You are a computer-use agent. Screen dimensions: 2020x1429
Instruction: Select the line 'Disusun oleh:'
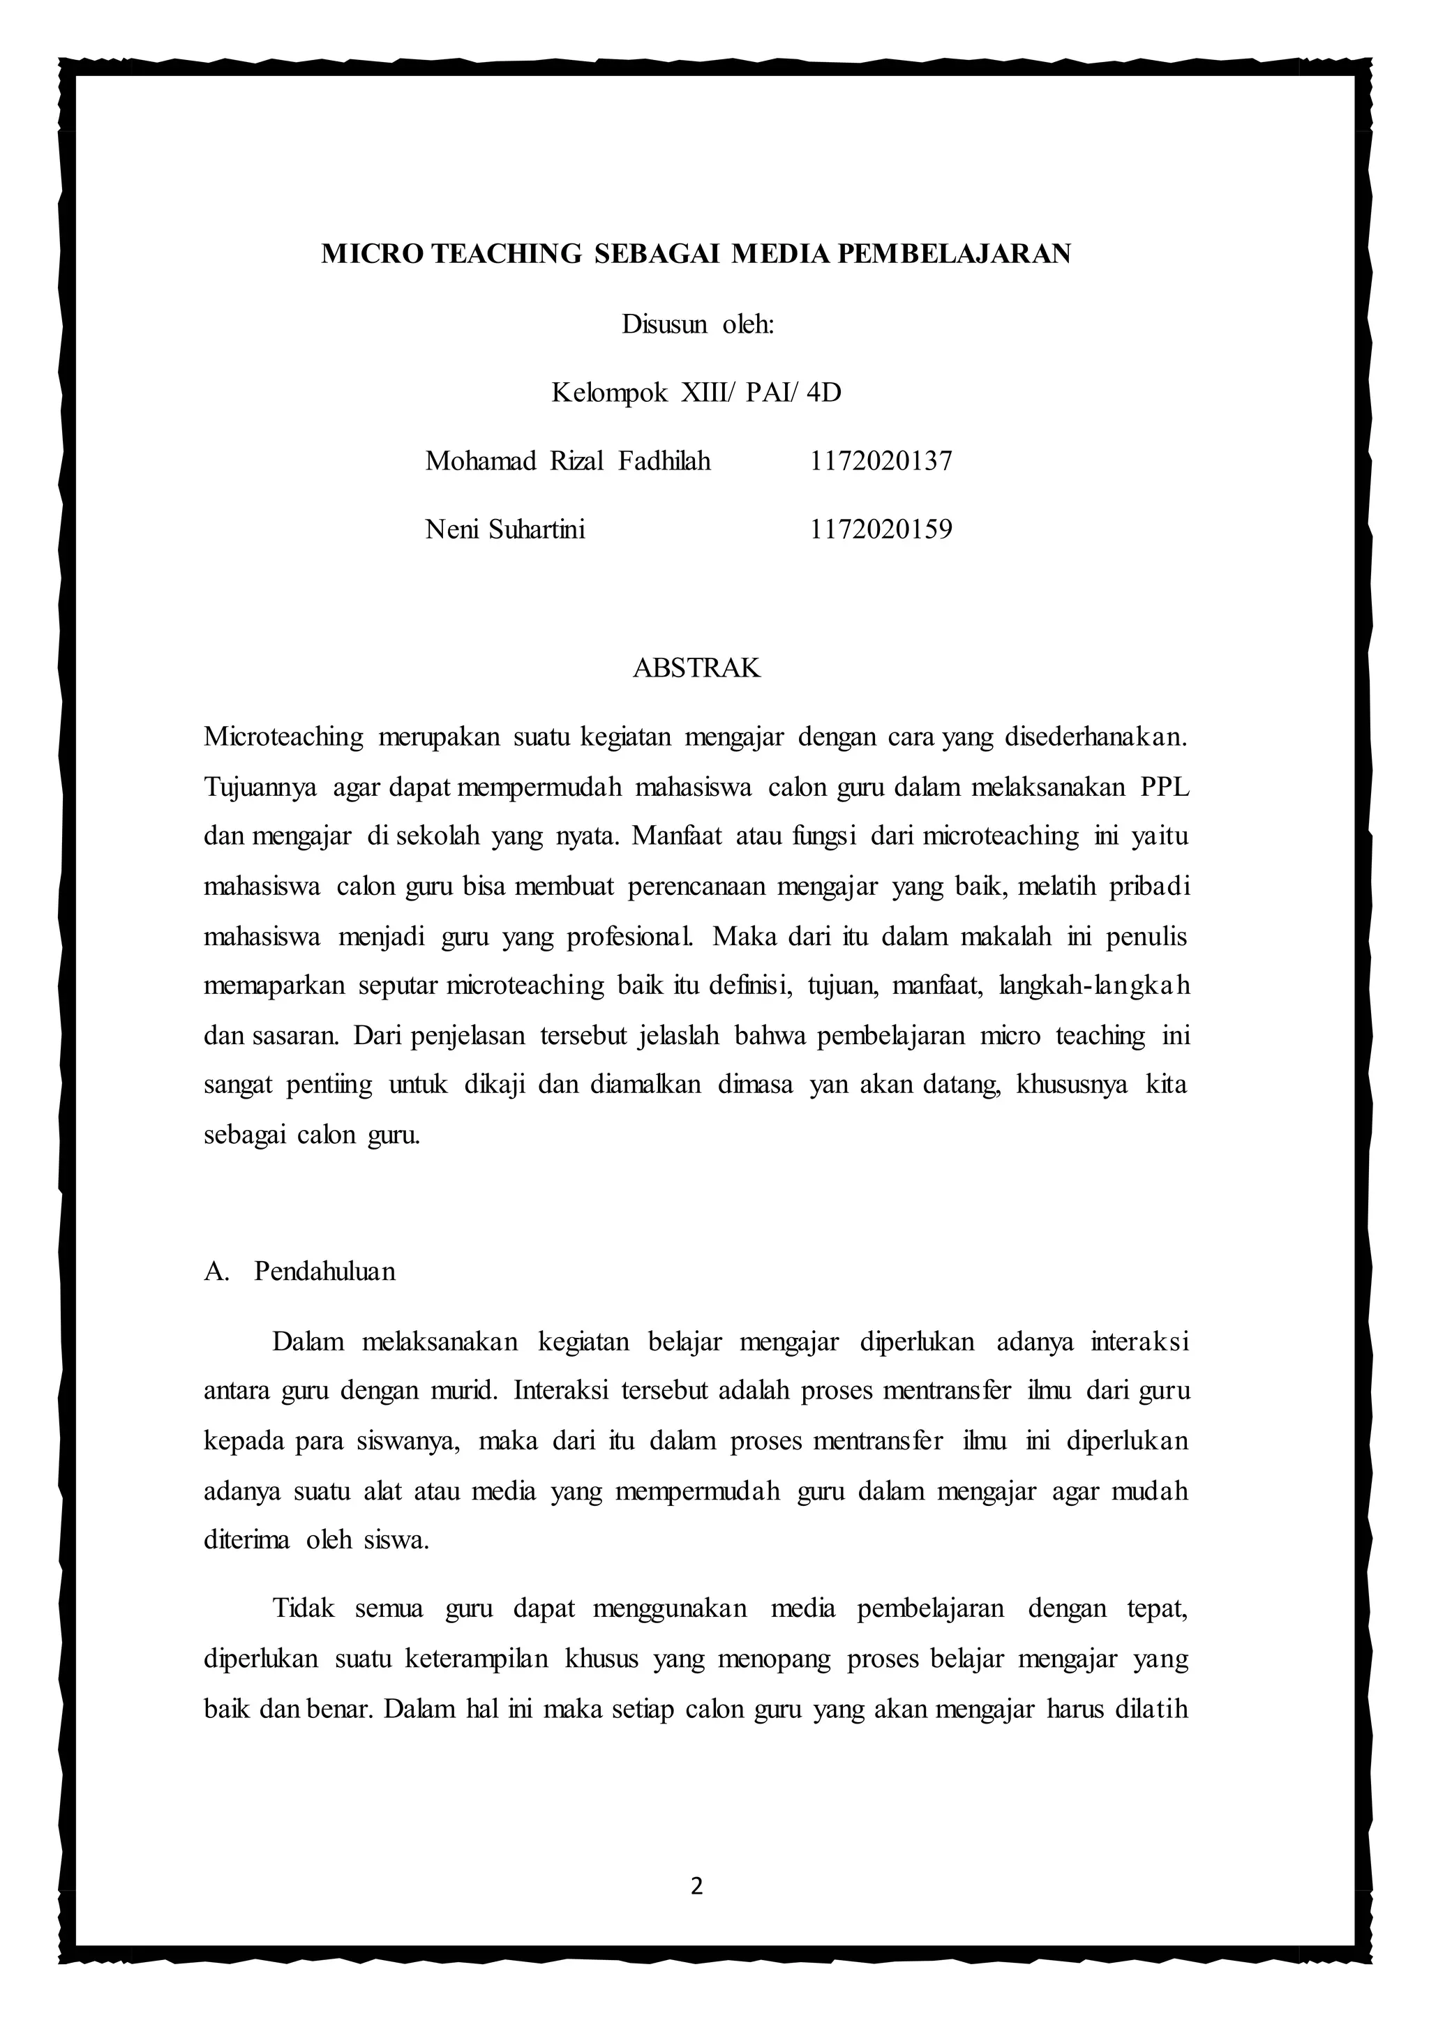698,324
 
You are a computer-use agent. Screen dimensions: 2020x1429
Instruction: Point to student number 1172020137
881,461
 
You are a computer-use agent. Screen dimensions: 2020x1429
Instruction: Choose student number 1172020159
881,529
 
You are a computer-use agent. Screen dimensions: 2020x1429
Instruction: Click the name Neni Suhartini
505,529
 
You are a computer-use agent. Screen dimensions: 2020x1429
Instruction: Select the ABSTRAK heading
697,669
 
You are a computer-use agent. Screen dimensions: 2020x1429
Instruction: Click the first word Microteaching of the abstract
283,737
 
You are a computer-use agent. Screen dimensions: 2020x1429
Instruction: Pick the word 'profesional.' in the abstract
630,936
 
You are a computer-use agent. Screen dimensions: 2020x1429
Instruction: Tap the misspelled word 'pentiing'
329,1085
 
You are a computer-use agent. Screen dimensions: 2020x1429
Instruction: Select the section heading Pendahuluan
324,1272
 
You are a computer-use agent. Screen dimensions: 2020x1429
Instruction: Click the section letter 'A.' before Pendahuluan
216,1272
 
